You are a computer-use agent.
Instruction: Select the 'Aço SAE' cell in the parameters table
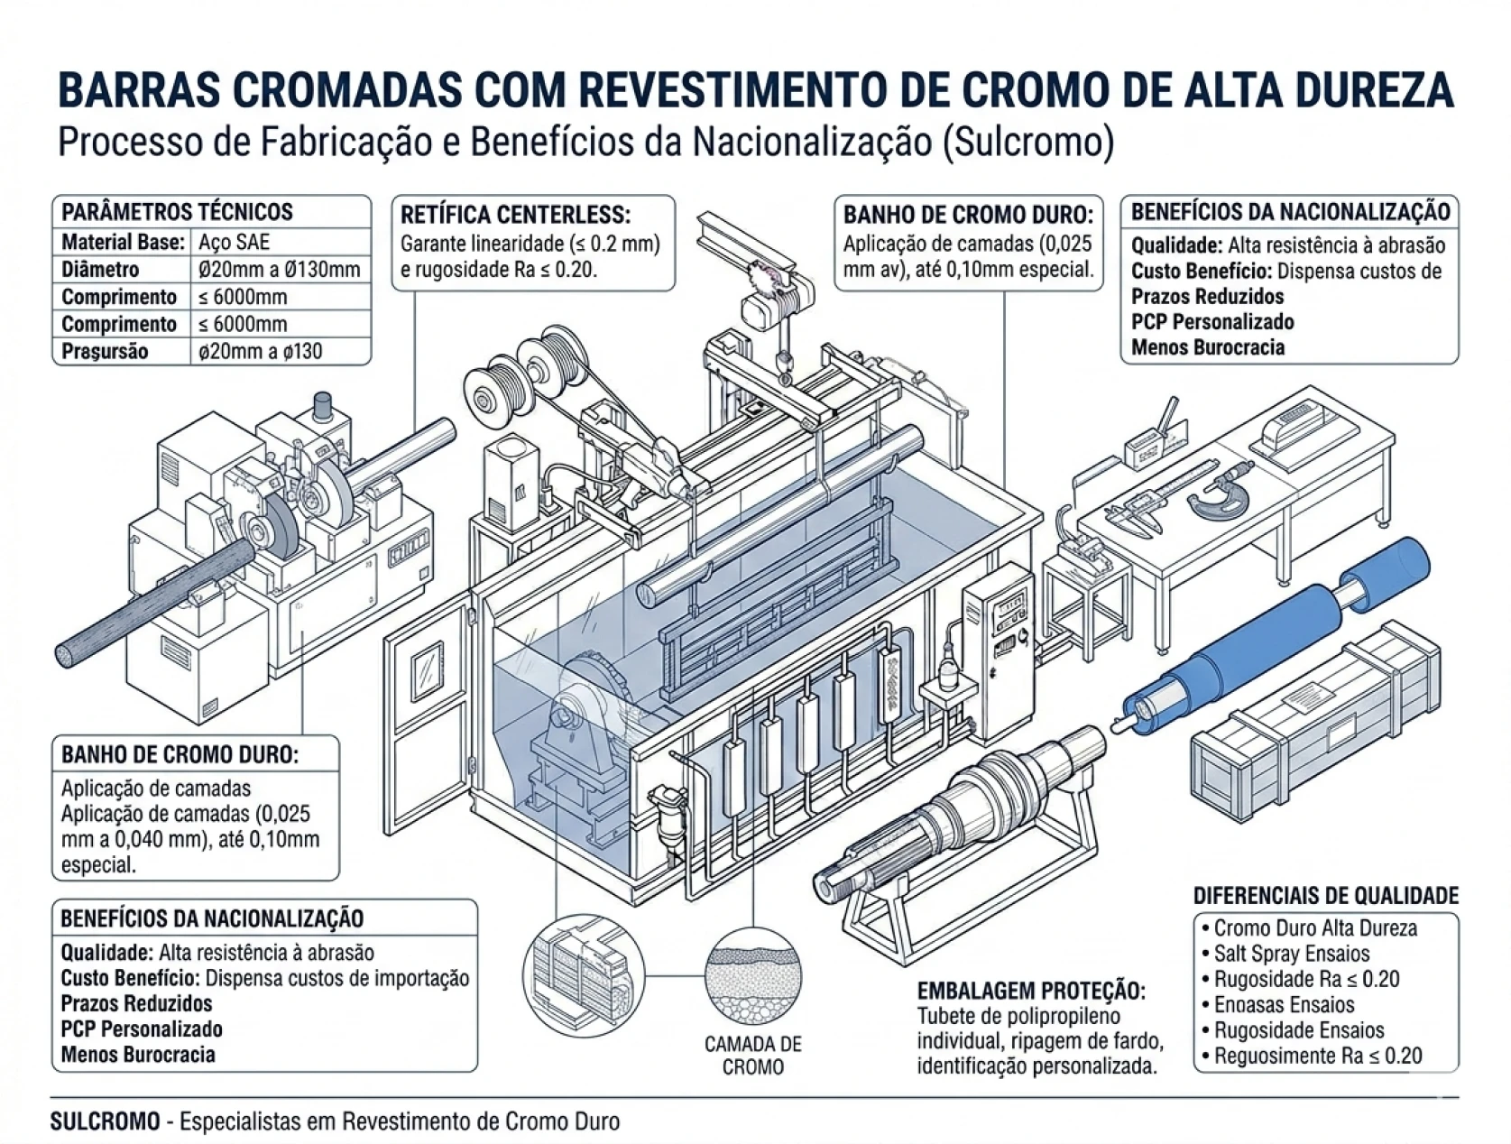(234, 242)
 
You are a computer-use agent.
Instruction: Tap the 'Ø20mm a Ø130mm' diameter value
(279, 269)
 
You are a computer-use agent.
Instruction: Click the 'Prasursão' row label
(105, 351)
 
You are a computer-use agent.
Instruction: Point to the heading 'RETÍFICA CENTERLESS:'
(515, 215)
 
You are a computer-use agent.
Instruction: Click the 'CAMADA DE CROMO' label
(753, 1055)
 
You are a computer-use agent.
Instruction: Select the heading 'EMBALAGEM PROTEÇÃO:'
(1031, 991)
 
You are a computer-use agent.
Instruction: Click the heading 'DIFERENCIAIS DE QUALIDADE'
(1325, 895)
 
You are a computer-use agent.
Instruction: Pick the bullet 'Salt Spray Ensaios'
(1291, 954)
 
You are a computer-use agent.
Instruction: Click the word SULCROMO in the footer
(105, 1121)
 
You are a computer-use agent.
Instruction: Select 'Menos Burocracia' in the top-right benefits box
(1207, 347)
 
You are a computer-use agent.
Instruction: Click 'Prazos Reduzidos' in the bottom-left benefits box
(136, 1003)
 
